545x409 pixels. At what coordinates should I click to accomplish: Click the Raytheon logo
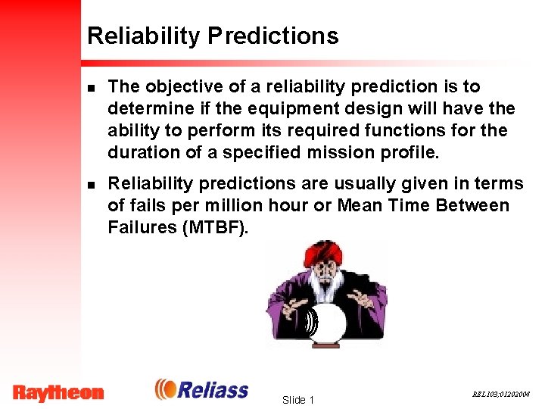[58, 392]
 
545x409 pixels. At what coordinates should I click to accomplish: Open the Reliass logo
[202, 389]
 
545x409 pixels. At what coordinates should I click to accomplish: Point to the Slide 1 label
[297, 399]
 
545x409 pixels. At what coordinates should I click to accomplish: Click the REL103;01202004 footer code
[502, 394]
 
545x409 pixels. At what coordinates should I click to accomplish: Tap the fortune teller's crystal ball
[326, 321]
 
